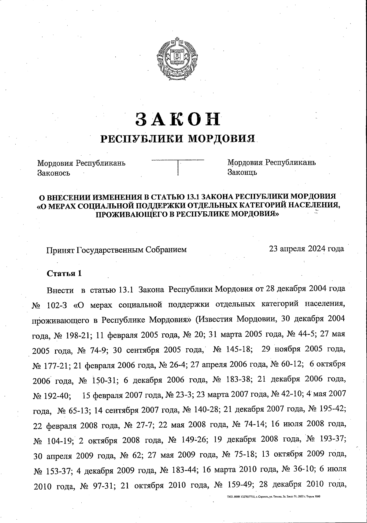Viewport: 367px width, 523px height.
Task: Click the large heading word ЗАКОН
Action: click(x=178, y=119)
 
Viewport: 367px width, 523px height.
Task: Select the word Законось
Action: click(x=54, y=173)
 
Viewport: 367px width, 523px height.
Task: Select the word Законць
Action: click(x=242, y=172)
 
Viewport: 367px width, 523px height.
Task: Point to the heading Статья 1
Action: click(x=64, y=273)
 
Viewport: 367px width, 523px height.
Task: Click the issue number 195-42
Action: click(x=332, y=410)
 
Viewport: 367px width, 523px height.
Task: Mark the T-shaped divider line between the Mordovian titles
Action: click(x=178, y=165)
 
